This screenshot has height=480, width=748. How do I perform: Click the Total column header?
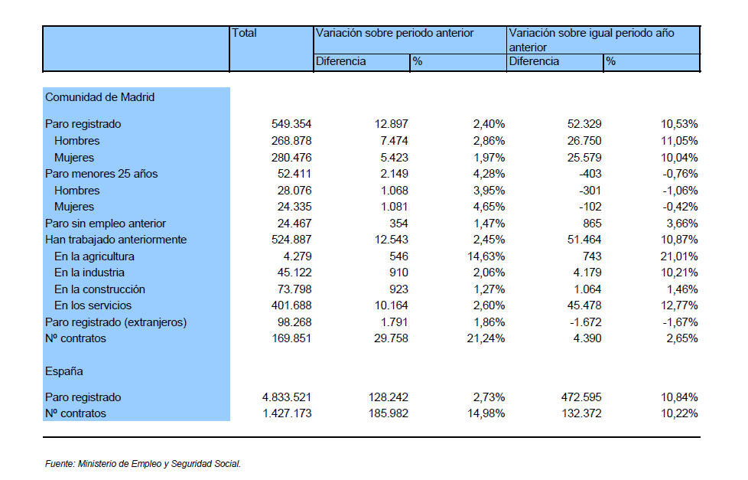pos(244,33)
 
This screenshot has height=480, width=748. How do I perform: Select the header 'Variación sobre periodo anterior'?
pos(395,33)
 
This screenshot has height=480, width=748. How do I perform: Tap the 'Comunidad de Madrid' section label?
pos(99,97)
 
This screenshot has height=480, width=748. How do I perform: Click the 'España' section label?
pos(64,371)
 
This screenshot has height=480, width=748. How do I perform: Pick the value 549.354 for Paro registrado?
pos(291,124)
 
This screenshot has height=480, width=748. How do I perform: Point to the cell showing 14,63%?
pos(486,256)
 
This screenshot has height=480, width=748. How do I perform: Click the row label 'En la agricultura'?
pos(94,256)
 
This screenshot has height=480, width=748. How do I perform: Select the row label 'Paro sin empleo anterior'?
pos(106,223)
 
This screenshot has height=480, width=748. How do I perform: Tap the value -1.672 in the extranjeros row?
pos(585,322)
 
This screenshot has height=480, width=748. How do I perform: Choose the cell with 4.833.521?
pos(287,397)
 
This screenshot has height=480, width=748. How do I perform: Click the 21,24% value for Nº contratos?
pos(486,338)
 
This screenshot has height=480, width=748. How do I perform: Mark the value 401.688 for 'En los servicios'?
pos(291,305)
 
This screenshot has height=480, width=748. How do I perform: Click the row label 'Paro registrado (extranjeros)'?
pos(116,322)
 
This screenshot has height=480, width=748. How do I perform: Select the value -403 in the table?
pos(590,173)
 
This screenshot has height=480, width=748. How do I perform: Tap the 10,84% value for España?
pos(679,397)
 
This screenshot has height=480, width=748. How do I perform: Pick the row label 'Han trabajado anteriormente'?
pos(116,240)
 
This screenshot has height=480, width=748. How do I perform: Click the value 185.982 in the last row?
pos(389,413)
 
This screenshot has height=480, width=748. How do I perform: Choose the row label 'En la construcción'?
pos(99,289)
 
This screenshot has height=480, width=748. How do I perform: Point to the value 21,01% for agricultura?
pos(679,256)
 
